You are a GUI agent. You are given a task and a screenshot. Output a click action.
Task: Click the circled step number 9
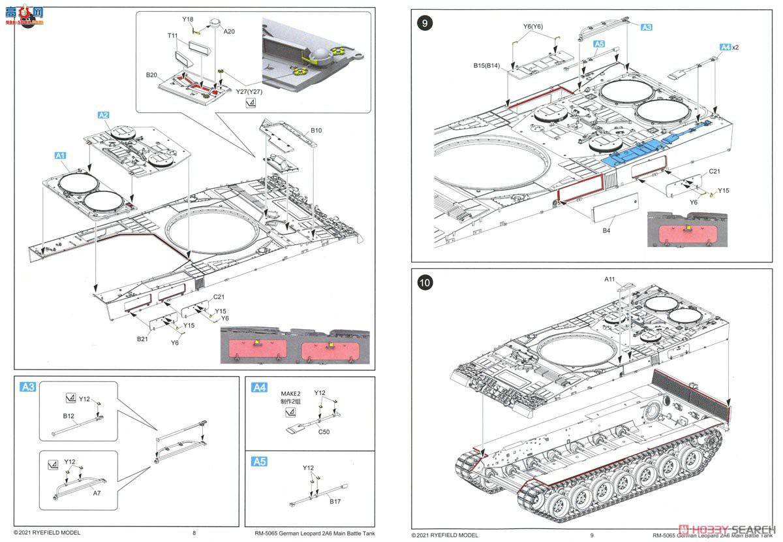point(425,24)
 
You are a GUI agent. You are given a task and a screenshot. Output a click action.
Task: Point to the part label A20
point(229,31)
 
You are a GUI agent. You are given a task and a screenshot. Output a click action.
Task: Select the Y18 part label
point(188,20)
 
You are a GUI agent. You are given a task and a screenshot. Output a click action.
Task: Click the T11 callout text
point(172,35)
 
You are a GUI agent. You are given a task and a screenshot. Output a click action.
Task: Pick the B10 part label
point(316,131)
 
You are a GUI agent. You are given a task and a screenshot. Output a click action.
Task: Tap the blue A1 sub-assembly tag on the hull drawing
point(60,156)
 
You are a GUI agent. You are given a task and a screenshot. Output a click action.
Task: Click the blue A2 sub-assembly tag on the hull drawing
point(103,115)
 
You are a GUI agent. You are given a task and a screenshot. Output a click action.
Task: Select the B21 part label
point(142,338)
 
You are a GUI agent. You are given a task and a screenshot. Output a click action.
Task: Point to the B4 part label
point(606,230)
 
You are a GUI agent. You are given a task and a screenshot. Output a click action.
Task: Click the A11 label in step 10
point(609,279)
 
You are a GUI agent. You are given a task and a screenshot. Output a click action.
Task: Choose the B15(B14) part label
point(487,66)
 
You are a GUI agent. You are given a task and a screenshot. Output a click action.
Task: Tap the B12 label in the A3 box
point(69,415)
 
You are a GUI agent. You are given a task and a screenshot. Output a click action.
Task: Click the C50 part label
point(324,432)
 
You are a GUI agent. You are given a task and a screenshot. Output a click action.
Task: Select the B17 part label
point(335,502)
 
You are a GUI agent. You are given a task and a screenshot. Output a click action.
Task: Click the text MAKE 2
point(290,394)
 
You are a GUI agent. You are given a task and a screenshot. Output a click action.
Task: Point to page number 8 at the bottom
point(194,533)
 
